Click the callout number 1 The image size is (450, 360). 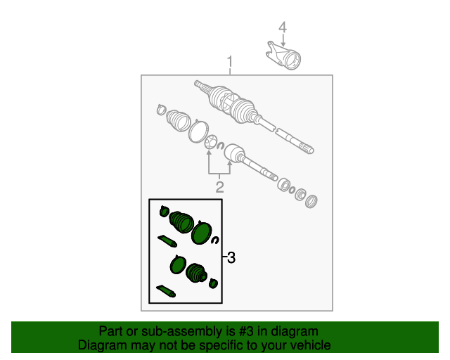pos(230,62)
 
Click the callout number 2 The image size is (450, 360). pos(219,187)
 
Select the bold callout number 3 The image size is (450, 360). pos(231,257)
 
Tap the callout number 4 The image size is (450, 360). pos(283,27)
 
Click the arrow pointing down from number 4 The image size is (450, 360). pos(283,40)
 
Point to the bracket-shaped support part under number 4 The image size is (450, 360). pos(283,56)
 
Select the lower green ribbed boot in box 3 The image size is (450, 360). pos(196,273)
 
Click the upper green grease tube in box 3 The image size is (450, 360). pos(167,241)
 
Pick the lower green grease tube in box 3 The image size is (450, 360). pos(166,291)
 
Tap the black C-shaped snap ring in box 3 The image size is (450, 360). pos(215,240)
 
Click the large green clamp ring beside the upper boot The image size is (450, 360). pos(202,233)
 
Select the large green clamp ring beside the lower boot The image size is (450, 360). pos(178,264)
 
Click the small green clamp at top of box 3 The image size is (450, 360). pos(164,212)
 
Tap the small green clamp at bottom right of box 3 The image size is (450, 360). pos(213,283)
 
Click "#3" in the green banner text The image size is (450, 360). pos(246,331)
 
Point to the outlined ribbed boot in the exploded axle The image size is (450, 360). pos(179,121)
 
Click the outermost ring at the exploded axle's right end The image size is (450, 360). pos(311,201)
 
